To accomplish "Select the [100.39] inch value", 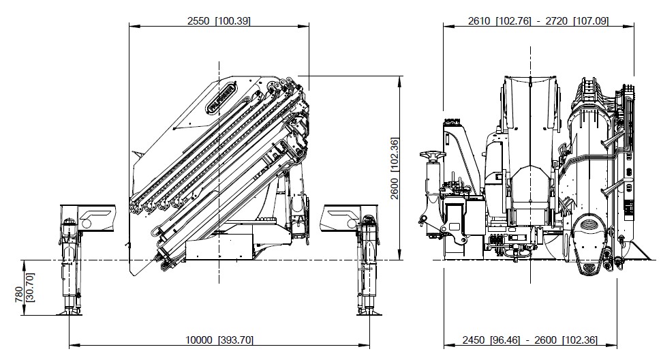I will coord(232,21).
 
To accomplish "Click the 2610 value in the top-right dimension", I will coord(480,21).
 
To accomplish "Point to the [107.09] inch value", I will coord(590,21).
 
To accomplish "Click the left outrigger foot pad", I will coord(70,313).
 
